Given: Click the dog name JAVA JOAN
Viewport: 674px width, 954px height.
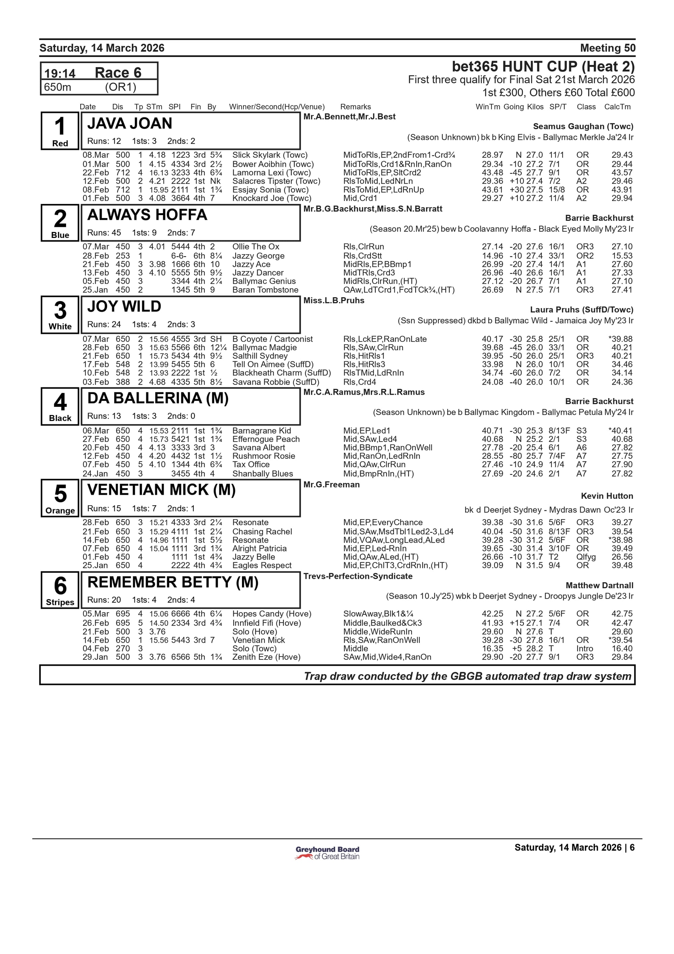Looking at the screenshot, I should click(129, 123).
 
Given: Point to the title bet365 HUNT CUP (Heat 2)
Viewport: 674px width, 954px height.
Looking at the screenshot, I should click(543, 66).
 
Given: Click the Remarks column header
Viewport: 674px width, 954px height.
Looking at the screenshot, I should click(356, 107).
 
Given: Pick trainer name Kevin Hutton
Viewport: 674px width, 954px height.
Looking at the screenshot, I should click(607, 496).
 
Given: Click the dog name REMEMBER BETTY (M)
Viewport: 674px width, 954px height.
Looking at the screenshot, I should click(173, 582).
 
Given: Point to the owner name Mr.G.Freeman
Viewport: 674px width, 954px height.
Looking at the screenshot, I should click(331, 484).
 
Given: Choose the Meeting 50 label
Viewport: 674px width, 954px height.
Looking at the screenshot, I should click(608, 48).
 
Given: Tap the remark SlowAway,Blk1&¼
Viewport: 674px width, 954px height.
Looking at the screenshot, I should click(378, 614).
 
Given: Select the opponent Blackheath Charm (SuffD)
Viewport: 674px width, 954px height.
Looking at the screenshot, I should click(281, 373).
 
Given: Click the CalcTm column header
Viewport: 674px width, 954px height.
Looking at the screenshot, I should click(617, 107).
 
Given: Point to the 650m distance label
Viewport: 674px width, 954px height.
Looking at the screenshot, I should click(58, 87).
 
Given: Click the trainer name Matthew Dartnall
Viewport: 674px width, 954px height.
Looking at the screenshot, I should click(599, 586).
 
